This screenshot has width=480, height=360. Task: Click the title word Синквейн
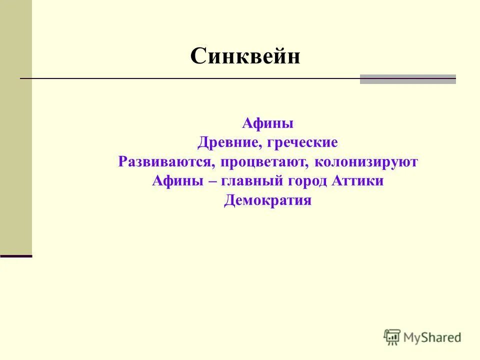point(245,56)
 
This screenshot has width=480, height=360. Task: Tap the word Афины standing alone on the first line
point(267,123)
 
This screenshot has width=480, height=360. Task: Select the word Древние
point(227,143)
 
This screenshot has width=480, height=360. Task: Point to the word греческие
point(302,143)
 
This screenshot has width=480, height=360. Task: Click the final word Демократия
point(267,201)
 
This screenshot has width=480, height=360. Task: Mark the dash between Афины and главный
point(212,182)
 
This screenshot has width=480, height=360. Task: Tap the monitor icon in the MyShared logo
point(392,337)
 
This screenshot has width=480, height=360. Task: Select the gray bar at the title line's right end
point(407,79)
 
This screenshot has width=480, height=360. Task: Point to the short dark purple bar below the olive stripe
point(16,256)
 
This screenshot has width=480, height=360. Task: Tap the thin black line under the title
point(190,79)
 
